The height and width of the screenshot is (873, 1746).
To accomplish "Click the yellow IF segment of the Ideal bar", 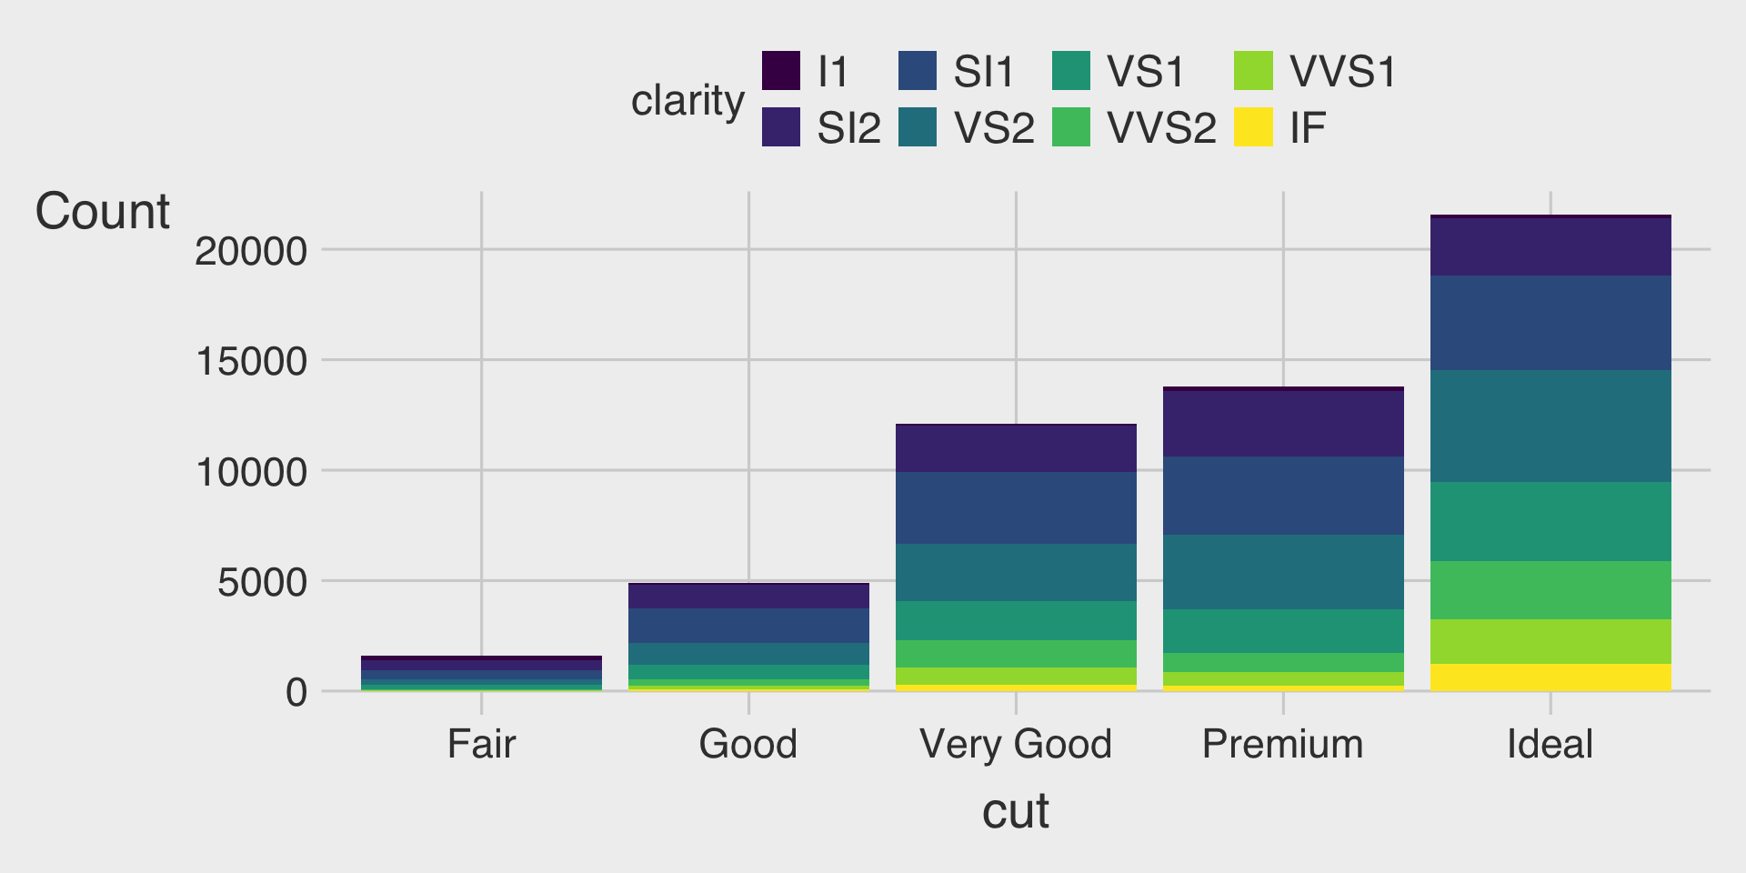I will tap(1550, 677).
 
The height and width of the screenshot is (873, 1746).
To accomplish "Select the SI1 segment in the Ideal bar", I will tap(1550, 323).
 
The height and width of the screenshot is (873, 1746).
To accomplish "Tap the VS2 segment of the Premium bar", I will tap(1283, 572).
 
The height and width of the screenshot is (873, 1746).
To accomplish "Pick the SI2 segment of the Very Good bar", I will tap(1016, 448).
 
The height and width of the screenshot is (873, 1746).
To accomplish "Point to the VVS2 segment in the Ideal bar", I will tap(1550, 590).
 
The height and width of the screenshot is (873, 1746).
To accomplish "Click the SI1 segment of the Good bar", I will tap(748, 626).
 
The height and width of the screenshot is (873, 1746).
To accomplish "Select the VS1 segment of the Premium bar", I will tap(1283, 631).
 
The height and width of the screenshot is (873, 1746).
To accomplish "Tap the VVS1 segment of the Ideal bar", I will tap(1550, 641).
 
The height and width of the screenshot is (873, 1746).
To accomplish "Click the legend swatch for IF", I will tap(1253, 127).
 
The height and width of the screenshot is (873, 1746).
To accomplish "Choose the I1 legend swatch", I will tap(781, 71).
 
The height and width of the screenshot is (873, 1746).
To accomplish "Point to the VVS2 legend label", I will tap(1161, 128).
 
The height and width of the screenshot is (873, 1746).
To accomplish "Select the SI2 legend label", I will tap(848, 128).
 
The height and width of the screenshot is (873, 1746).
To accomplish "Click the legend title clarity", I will tap(687, 100).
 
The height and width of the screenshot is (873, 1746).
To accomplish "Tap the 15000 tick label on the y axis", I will tap(252, 361).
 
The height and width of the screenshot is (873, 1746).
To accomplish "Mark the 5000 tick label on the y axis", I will tap(262, 582).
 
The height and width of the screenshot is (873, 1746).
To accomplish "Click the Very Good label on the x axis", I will tap(1016, 744).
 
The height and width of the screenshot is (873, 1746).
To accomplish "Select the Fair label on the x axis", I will tap(481, 744).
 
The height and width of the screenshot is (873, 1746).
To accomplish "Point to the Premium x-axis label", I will tap(1283, 744).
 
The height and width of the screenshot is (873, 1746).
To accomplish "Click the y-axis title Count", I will tap(102, 212).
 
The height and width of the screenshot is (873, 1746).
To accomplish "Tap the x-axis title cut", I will tap(1015, 810).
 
